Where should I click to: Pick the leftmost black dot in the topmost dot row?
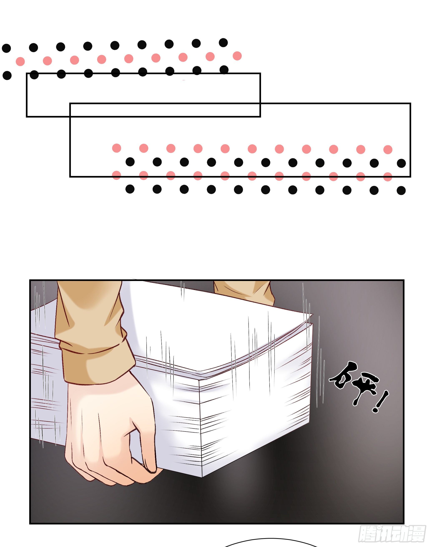tap(6, 48)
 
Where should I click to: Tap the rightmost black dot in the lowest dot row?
tap(401, 191)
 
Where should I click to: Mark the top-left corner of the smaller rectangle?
tap(27, 74)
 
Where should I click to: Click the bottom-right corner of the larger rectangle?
tap(410, 177)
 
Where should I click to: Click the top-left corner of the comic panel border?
tap(30, 280)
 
